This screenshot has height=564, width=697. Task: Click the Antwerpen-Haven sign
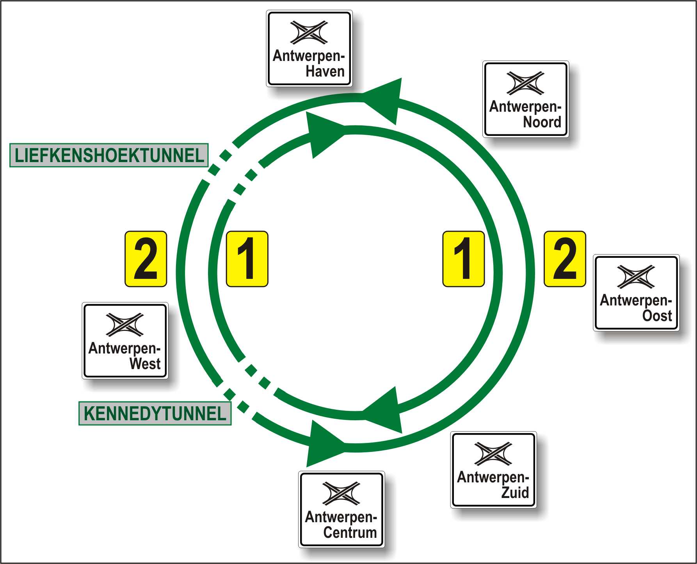309,48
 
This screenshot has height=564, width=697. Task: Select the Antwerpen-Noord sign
526,99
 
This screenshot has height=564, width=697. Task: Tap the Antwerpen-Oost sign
636,293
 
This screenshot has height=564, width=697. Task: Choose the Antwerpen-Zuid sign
493,470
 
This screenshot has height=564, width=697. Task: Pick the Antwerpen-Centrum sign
341,509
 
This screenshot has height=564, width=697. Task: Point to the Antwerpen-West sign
125,341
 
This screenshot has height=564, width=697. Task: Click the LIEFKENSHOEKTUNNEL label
109,155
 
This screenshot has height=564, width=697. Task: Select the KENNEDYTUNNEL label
155,414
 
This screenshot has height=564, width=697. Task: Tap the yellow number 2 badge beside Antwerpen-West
146,259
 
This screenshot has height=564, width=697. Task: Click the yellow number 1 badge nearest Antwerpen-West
247,259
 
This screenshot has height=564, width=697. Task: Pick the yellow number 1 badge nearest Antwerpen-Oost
464,259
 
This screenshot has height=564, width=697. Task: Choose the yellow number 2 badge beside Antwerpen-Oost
565,259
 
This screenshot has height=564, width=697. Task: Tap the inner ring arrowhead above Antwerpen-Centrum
384,410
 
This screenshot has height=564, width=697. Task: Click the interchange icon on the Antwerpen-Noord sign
525,83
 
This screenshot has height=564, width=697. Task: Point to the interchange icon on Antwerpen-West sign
125,324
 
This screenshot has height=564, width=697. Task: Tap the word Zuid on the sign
515,493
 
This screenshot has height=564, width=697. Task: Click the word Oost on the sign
657,316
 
